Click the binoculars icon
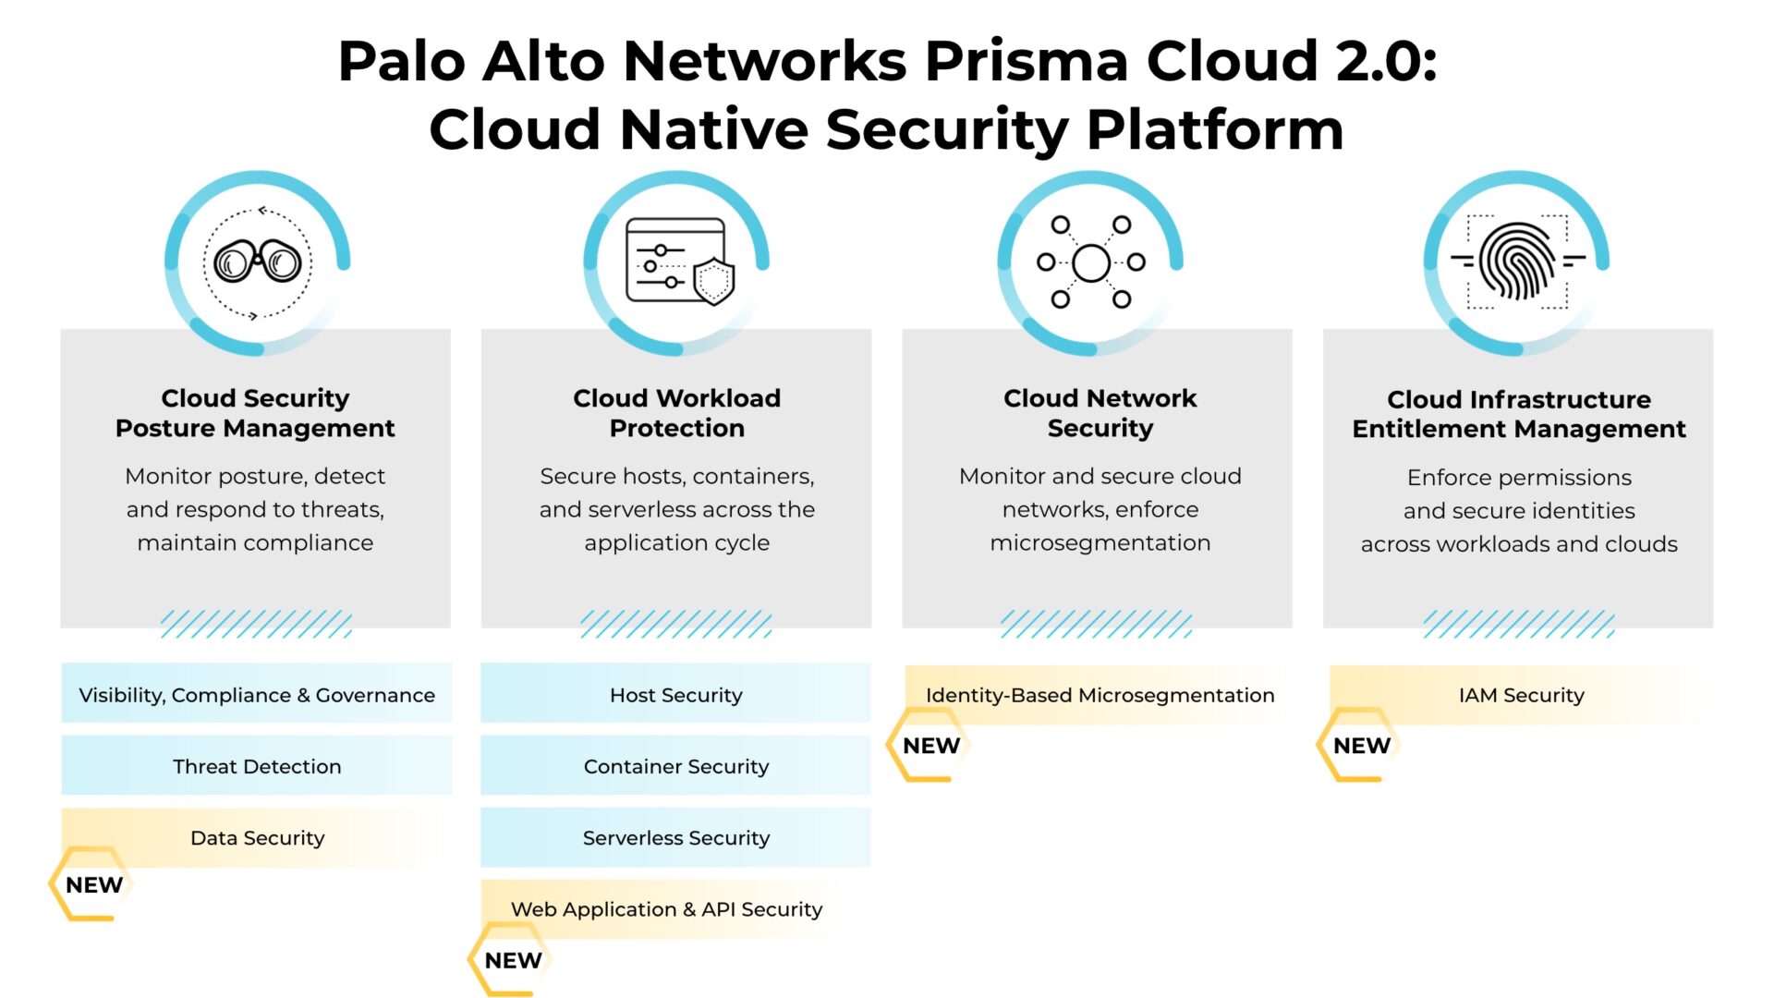[x=257, y=262]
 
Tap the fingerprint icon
[x=1517, y=262]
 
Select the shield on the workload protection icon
[x=713, y=281]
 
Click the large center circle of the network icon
[x=1091, y=263]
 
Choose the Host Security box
[x=675, y=694]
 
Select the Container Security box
[x=675, y=766]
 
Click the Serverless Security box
[x=675, y=837]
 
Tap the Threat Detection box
[x=257, y=766]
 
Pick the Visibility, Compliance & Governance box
[x=257, y=694]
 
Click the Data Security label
[x=257, y=837]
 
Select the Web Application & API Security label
[x=666, y=909]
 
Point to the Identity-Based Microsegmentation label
[x=1100, y=695]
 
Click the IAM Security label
[x=1521, y=695]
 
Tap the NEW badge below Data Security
[x=93, y=884]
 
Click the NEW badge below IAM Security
[x=1361, y=745]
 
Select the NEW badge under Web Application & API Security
[x=513, y=960]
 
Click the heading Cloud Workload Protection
[x=676, y=413]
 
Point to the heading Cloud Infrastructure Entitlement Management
[x=1519, y=414]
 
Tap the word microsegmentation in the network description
[x=1100, y=542]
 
